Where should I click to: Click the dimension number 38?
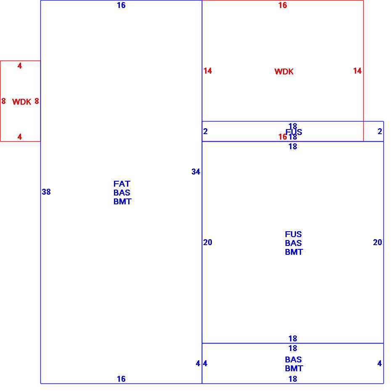(46, 192)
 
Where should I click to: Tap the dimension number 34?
(195, 172)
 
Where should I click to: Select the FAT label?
(122, 184)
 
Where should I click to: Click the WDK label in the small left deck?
(21, 102)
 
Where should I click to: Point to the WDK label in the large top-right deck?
(284, 72)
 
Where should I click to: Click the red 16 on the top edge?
(283, 5)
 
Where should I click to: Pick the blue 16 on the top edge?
(121, 5)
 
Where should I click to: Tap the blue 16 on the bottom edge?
(121, 379)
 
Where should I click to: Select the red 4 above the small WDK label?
(19, 66)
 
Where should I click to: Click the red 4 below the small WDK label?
(19, 137)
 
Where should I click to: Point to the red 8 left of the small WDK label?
(4, 101)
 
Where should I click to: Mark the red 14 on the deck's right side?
(357, 71)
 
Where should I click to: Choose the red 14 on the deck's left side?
(208, 71)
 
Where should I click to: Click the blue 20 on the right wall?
(377, 243)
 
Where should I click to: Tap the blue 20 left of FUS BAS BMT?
(208, 243)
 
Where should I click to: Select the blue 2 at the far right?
(380, 132)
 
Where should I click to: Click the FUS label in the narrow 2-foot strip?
(294, 132)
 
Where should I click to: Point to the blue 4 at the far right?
(379, 364)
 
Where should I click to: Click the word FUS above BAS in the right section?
(293, 234)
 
